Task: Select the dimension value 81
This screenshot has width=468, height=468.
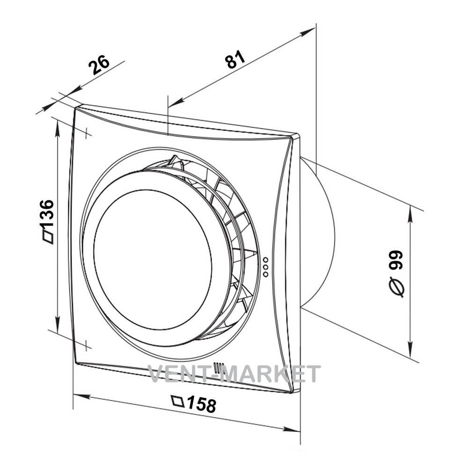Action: point(235,59)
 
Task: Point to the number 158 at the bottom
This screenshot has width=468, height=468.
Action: point(202,404)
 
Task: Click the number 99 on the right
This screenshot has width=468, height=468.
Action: point(397,260)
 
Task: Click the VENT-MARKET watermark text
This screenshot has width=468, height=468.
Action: point(234,373)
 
